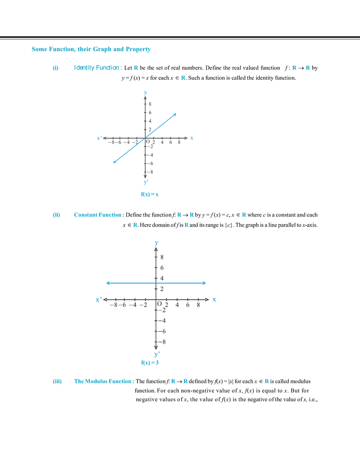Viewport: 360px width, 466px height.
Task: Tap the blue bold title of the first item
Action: (97, 68)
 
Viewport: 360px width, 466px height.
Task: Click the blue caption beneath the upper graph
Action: (150, 195)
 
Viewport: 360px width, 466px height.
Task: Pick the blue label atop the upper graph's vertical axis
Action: (145, 92)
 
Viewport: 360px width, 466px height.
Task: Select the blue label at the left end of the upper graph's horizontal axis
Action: (98, 138)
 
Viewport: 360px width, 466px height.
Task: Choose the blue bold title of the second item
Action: (98, 214)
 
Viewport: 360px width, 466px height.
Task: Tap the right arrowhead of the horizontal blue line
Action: (206, 283)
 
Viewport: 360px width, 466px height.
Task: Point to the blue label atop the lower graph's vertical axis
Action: (156, 243)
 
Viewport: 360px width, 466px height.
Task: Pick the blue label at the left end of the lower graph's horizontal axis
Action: (98, 300)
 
